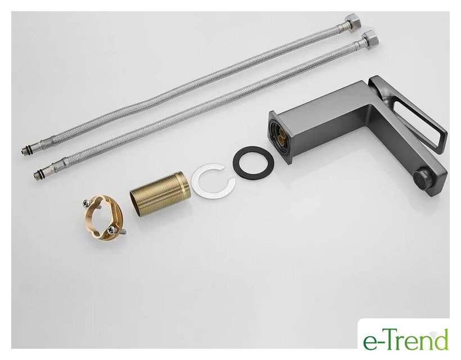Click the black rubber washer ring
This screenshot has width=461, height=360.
(x=254, y=162)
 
